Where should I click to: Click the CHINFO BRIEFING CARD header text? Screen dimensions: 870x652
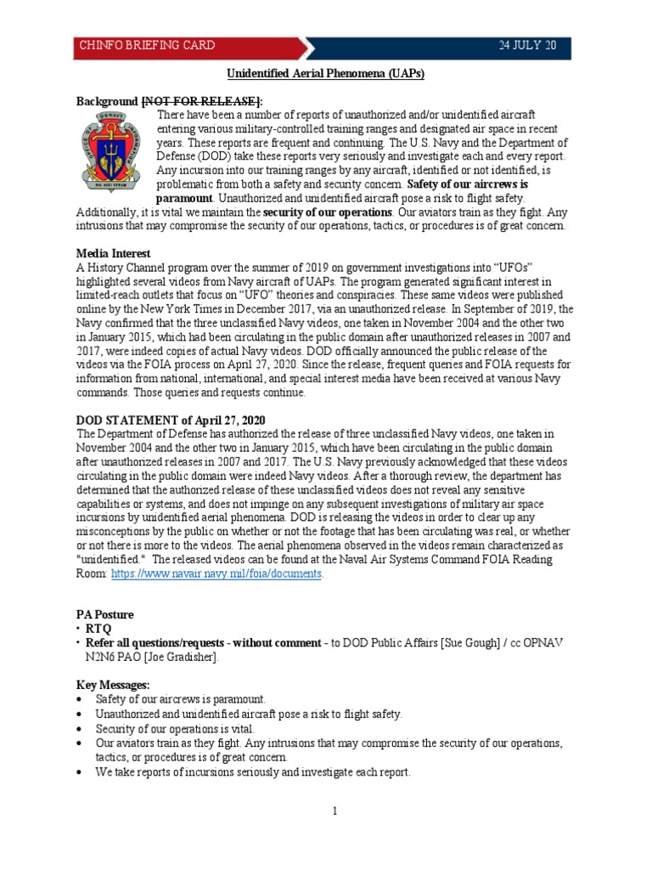coord(147,45)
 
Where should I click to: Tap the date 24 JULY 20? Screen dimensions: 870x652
coord(527,45)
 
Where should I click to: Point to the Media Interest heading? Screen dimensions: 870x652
coord(114,253)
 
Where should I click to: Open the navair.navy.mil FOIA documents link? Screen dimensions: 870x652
coord(216,573)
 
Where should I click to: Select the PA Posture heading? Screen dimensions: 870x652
coord(105,613)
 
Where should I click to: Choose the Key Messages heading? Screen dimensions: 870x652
coord(113,684)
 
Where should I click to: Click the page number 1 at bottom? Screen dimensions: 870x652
coord(335,811)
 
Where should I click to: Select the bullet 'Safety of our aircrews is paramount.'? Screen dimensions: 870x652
coord(181,698)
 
